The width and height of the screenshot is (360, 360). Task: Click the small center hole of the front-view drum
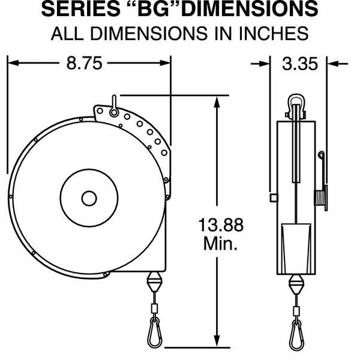coord(89,198)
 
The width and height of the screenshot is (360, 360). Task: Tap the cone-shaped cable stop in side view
coord(295,283)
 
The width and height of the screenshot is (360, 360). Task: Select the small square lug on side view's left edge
coord(274,198)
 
